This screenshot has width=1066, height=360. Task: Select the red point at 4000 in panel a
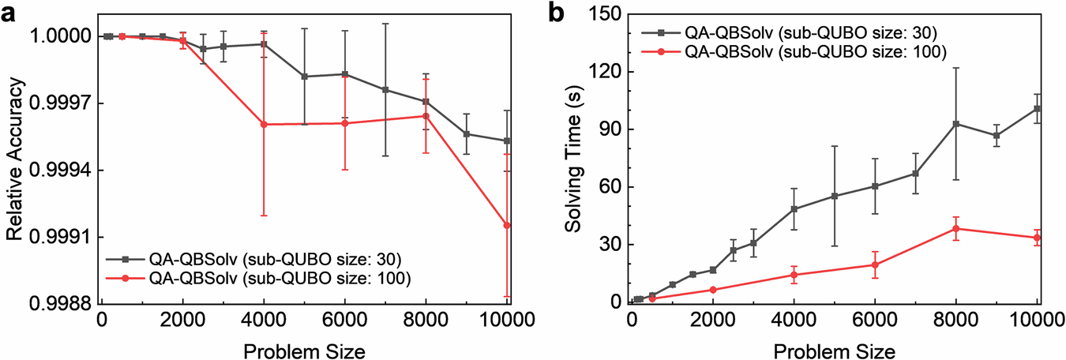(264, 125)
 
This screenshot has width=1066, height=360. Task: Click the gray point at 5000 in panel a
(305, 77)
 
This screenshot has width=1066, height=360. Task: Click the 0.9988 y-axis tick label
(61, 304)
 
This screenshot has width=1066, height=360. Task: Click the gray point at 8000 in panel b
(956, 124)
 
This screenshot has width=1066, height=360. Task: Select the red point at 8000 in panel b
(956, 229)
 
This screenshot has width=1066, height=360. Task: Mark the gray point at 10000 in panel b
(1038, 108)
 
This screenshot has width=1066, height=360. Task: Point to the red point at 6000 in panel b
(875, 264)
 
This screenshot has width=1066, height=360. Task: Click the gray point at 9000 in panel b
(997, 136)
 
